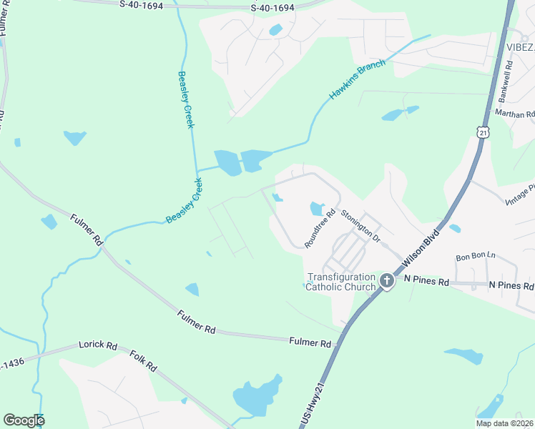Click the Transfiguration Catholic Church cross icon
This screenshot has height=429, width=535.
click(387, 281)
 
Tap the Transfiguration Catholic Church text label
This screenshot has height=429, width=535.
click(340, 282)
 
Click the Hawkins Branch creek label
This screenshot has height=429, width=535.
click(357, 79)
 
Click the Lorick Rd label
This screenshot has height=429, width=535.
click(101, 345)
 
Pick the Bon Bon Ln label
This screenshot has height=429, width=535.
click(476, 256)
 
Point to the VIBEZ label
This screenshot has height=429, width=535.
click(521, 47)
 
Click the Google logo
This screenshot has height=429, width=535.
click(24, 420)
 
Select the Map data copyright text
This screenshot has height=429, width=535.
click(504, 423)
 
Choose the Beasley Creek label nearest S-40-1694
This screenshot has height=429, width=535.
click(186, 100)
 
